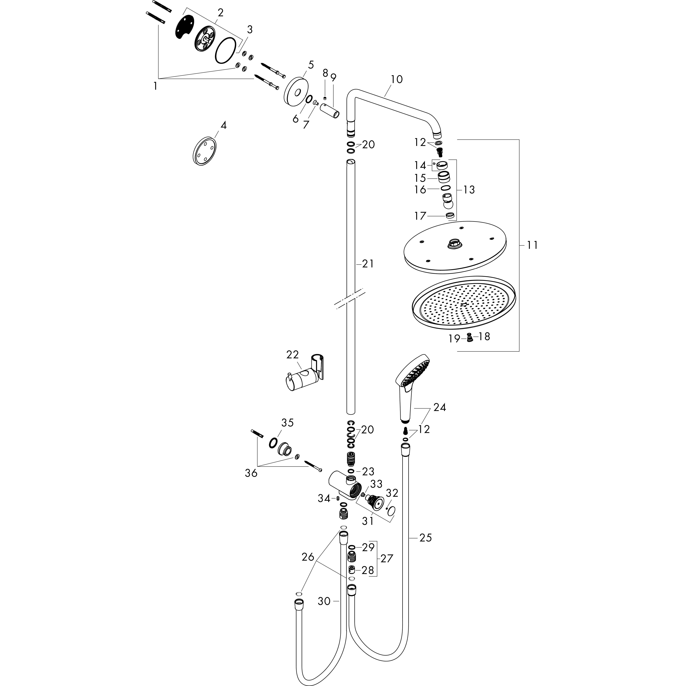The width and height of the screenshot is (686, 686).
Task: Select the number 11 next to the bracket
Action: [532, 245]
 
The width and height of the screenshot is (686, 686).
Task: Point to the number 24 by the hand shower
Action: [440, 407]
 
